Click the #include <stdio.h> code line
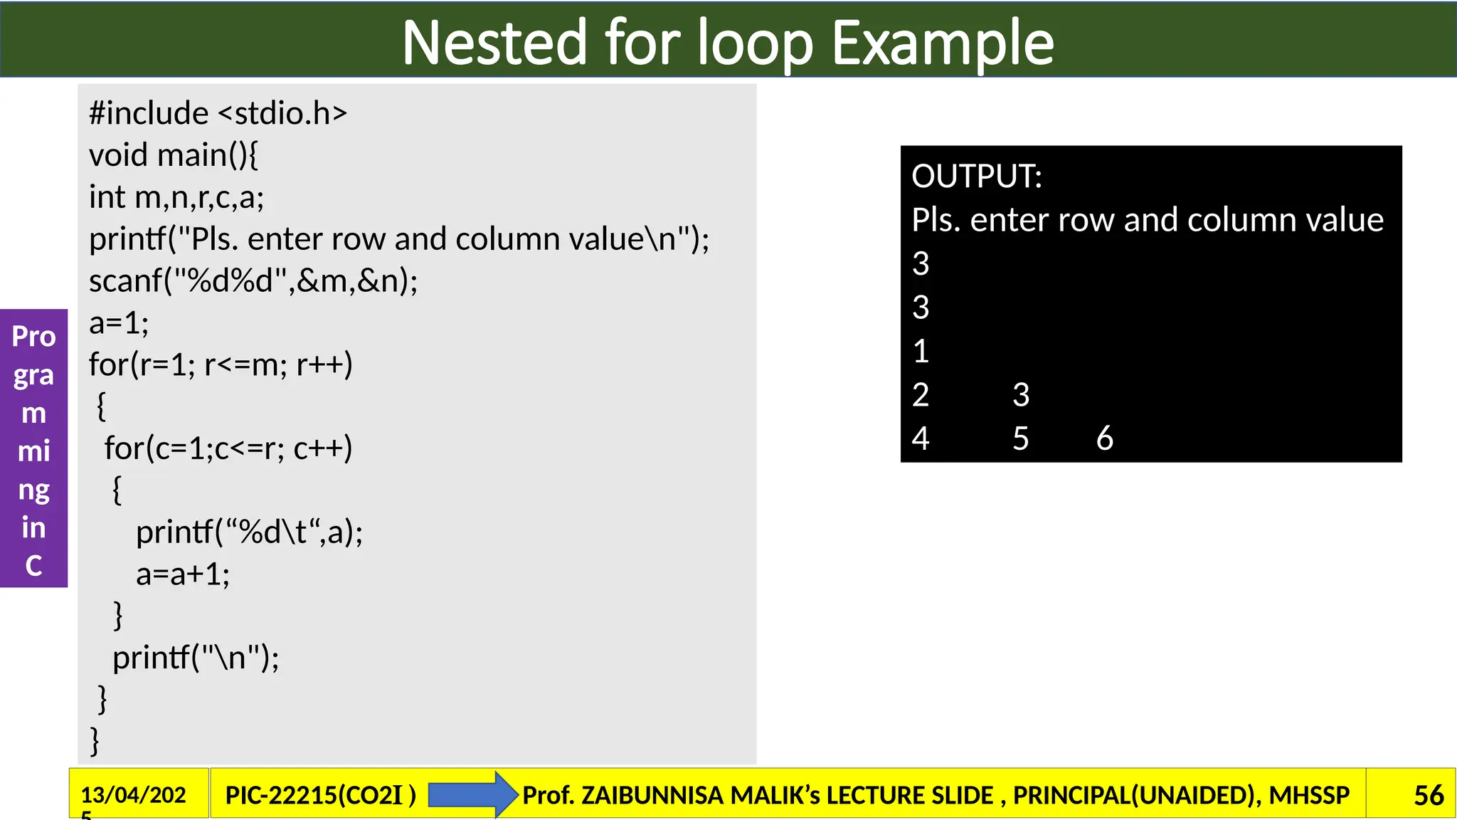[218, 113]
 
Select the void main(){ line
[173, 155]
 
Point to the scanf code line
[253, 281]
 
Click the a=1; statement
[119, 323]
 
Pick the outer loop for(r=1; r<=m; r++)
[221, 364]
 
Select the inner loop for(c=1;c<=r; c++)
[228, 448]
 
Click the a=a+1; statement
[183, 574]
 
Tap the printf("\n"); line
[196, 658]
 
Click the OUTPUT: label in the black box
[976, 177]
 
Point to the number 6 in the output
[1104, 438]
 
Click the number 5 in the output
[1020, 438]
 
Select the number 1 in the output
[921, 352]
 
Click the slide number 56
[1428, 795]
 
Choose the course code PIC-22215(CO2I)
[320, 795]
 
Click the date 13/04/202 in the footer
[133, 795]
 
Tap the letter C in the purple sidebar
[33, 566]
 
